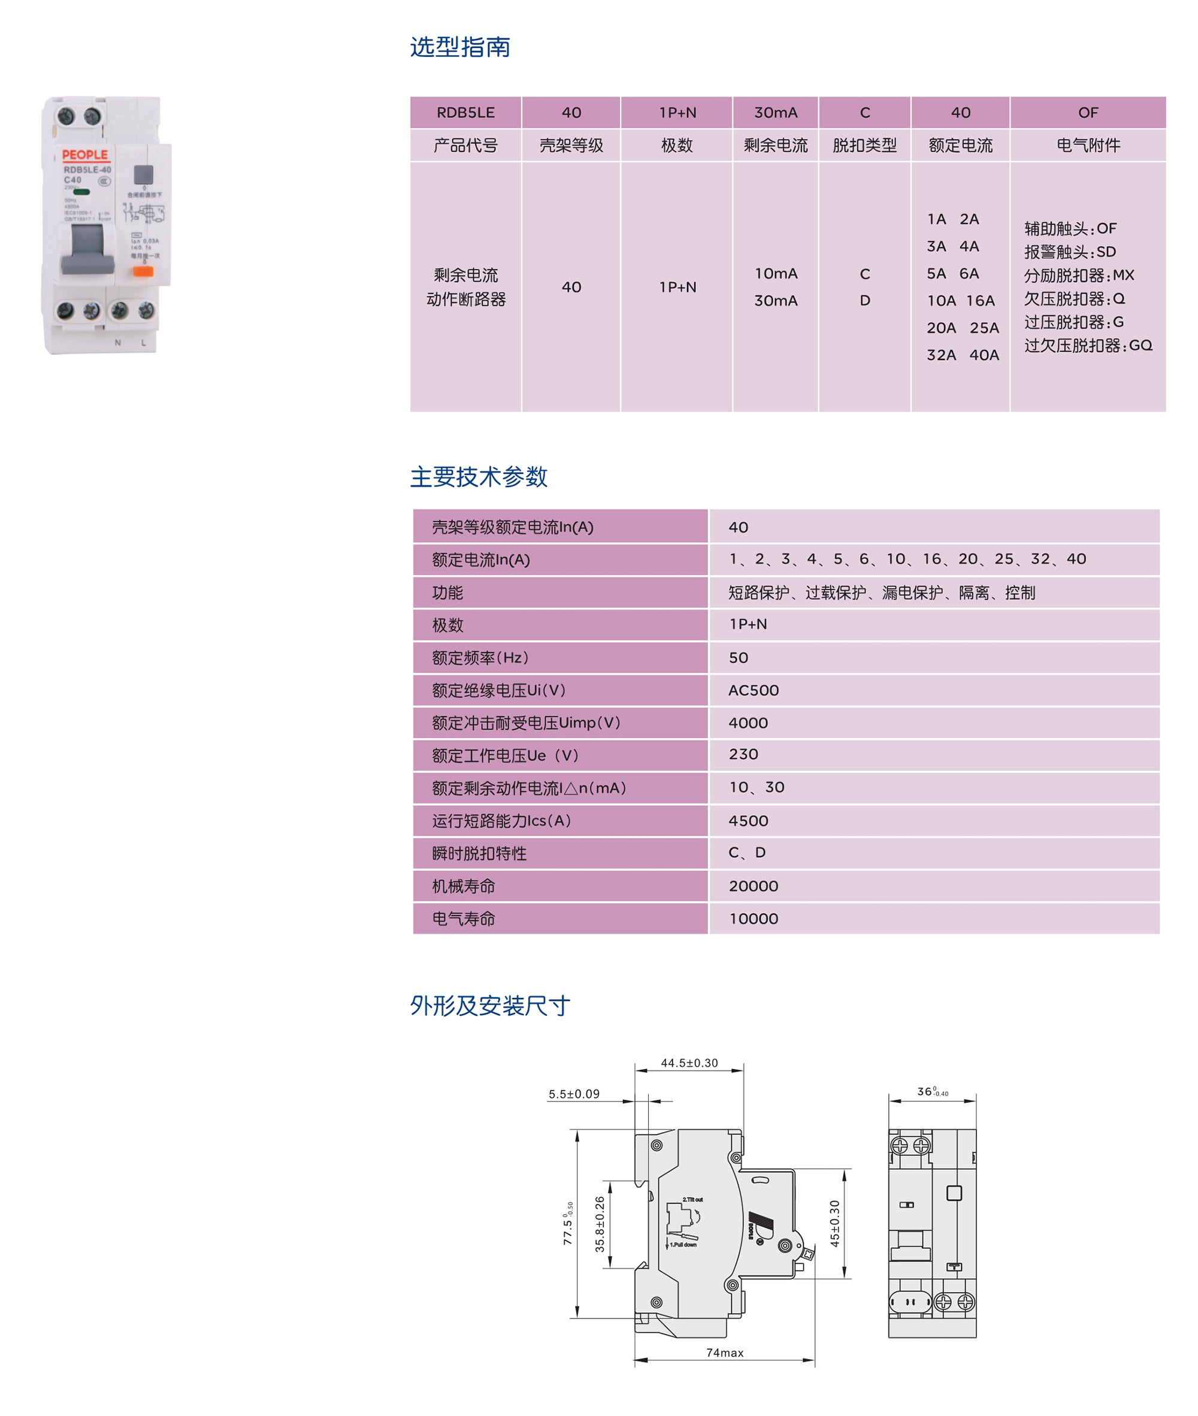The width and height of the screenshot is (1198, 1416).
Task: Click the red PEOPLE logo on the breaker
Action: (x=85, y=155)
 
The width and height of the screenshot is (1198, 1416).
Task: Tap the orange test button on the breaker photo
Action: (x=143, y=272)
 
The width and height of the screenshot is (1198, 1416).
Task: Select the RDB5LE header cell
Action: (x=465, y=113)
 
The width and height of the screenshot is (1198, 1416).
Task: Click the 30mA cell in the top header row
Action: (x=776, y=113)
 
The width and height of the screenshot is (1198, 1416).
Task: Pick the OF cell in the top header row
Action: (x=1087, y=113)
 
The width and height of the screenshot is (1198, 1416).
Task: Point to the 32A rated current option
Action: (x=941, y=355)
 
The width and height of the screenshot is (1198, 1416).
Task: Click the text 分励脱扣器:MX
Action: (x=1079, y=276)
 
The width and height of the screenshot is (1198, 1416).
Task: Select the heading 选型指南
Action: (x=460, y=47)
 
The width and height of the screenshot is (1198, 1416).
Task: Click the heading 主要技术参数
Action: (x=478, y=477)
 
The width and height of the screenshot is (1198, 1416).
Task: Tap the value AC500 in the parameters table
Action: (x=753, y=691)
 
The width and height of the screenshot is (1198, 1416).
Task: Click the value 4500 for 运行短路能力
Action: (x=748, y=821)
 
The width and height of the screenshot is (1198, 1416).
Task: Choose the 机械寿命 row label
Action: (x=464, y=886)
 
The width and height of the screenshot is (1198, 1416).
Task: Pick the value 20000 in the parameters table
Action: (x=753, y=886)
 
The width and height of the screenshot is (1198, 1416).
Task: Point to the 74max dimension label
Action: (x=725, y=1353)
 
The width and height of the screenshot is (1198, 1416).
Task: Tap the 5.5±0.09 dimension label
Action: (x=574, y=1094)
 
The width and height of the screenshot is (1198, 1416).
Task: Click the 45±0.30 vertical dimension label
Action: (x=834, y=1223)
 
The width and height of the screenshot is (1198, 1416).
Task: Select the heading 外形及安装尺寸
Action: (x=489, y=1006)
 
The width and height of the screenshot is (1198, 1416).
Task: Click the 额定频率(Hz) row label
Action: (x=480, y=658)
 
